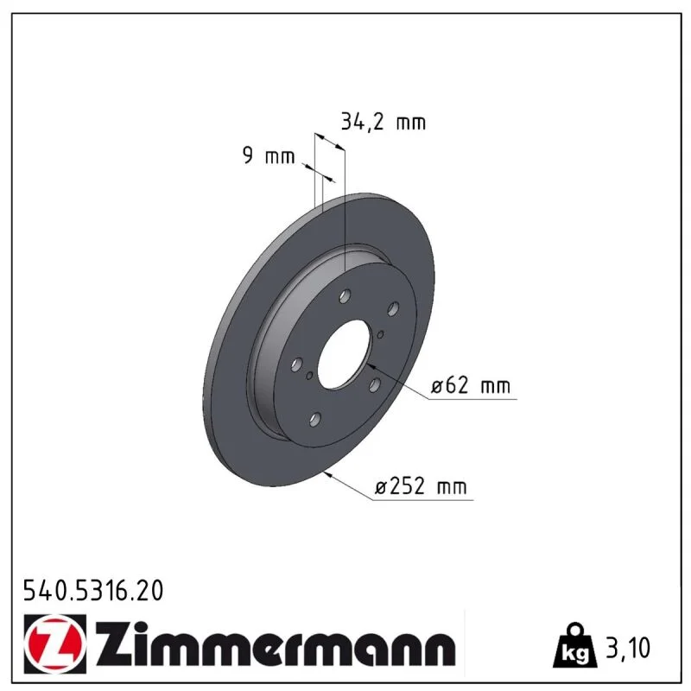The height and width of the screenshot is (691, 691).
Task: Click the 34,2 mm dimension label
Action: pyautogui.click(x=383, y=122)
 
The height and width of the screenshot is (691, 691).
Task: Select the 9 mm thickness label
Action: pyautogui.click(x=269, y=155)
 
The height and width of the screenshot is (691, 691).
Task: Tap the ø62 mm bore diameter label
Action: pyautogui.click(x=471, y=385)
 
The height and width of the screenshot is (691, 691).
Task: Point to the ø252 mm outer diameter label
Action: pyautogui.click(x=421, y=486)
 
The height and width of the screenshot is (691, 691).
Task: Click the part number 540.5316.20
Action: pyautogui.click(x=93, y=591)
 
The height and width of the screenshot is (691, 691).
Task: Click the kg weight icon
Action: pyautogui.click(x=575, y=645)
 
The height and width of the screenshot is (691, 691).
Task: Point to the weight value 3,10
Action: pyautogui.click(x=628, y=648)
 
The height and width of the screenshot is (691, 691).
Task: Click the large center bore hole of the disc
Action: pyautogui.click(x=342, y=355)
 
